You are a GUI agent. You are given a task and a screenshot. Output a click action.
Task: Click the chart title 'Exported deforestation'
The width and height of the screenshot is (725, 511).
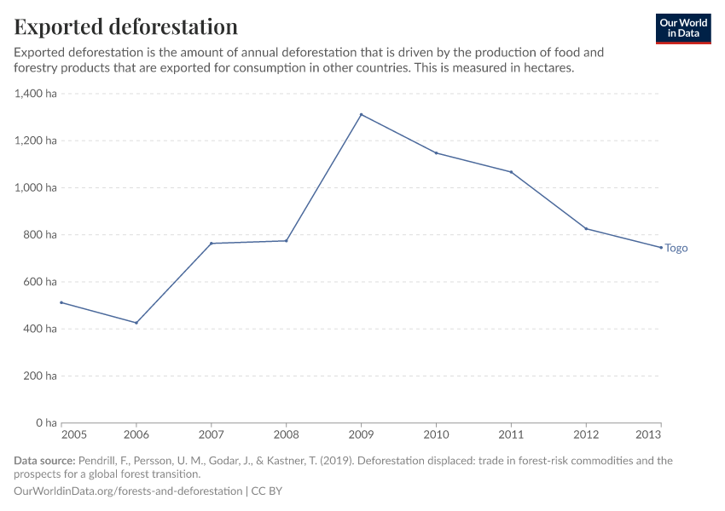tap(126, 26)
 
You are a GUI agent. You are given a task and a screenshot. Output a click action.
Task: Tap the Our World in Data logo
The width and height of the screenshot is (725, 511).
tap(682, 28)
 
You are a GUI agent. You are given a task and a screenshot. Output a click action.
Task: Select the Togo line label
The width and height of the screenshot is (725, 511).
tap(676, 249)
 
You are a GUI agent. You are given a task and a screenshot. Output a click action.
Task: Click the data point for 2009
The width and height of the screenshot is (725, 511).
tap(361, 114)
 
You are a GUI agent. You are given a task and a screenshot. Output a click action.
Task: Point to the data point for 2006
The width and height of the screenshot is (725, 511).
tap(136, 323)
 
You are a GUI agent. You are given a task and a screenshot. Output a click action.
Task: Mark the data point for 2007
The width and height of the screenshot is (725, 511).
tap(212, 244)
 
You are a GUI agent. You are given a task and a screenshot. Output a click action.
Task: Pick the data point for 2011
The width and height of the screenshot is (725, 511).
tap(511, 172)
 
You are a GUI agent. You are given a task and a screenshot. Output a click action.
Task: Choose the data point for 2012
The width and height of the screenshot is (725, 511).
tap(586, 228)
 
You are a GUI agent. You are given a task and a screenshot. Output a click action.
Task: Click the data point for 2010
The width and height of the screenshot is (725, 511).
tap(436, 152)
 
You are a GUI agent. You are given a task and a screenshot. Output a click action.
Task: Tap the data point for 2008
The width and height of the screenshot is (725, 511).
tap(287, 241)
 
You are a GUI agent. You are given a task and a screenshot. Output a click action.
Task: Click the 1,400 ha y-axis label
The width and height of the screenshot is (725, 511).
tap(36, 94)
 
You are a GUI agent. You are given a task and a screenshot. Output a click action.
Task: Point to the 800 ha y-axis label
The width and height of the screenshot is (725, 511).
tap(41, 235)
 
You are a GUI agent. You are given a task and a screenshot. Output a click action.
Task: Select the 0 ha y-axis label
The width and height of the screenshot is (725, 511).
tap(46, 422)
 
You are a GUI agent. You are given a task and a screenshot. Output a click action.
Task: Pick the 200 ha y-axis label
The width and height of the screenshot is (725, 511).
tap(41, 376)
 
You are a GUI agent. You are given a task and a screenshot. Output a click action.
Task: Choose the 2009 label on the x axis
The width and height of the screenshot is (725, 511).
tap(361, 434)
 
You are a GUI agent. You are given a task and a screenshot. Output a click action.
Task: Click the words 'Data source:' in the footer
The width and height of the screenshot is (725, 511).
tap(44, 461)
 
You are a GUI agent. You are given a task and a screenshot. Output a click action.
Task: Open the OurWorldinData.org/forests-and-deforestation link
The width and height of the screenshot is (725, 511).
tap(128, 491)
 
